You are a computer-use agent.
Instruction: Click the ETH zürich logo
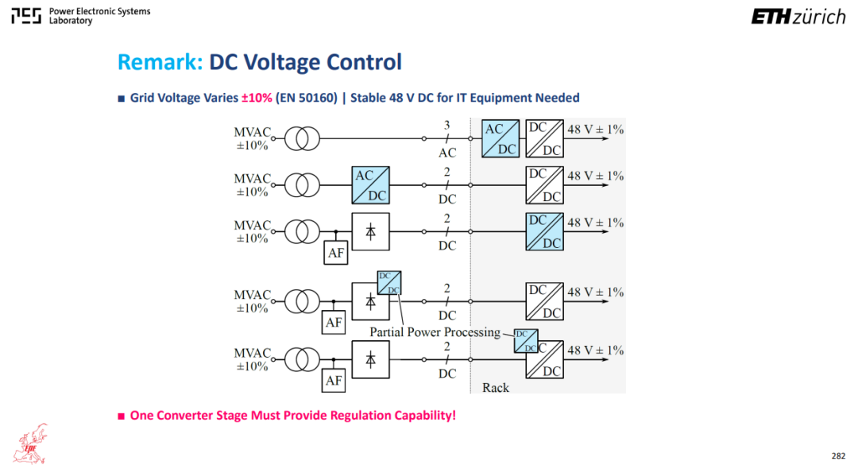(798, 17)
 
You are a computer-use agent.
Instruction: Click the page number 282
(838, 455)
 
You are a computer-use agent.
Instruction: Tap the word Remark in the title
(160, 62)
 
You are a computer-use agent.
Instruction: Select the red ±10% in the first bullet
(257, 98)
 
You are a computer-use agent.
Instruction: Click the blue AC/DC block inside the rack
(500, 138)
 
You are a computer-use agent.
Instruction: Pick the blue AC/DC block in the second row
(370, 185)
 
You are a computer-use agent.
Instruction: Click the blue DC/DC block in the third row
(544, 231)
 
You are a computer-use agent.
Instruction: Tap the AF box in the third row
(335, 253)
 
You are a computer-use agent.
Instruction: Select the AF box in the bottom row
(333, 380)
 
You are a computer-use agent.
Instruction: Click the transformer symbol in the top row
(302, 138)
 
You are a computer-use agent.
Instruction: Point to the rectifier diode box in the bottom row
(370, 360)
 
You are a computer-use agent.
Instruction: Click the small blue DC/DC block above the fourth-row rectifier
(389, 283)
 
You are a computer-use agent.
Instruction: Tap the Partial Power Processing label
(435, 332)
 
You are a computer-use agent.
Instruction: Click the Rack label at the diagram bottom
(495, 388)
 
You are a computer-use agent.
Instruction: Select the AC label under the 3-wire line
(447, 153)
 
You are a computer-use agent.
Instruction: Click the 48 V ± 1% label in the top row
(595, 130)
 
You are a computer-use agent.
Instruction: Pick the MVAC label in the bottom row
(253, 353)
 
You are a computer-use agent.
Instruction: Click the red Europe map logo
(33, 444)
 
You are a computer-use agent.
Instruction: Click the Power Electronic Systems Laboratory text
(99, 16)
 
